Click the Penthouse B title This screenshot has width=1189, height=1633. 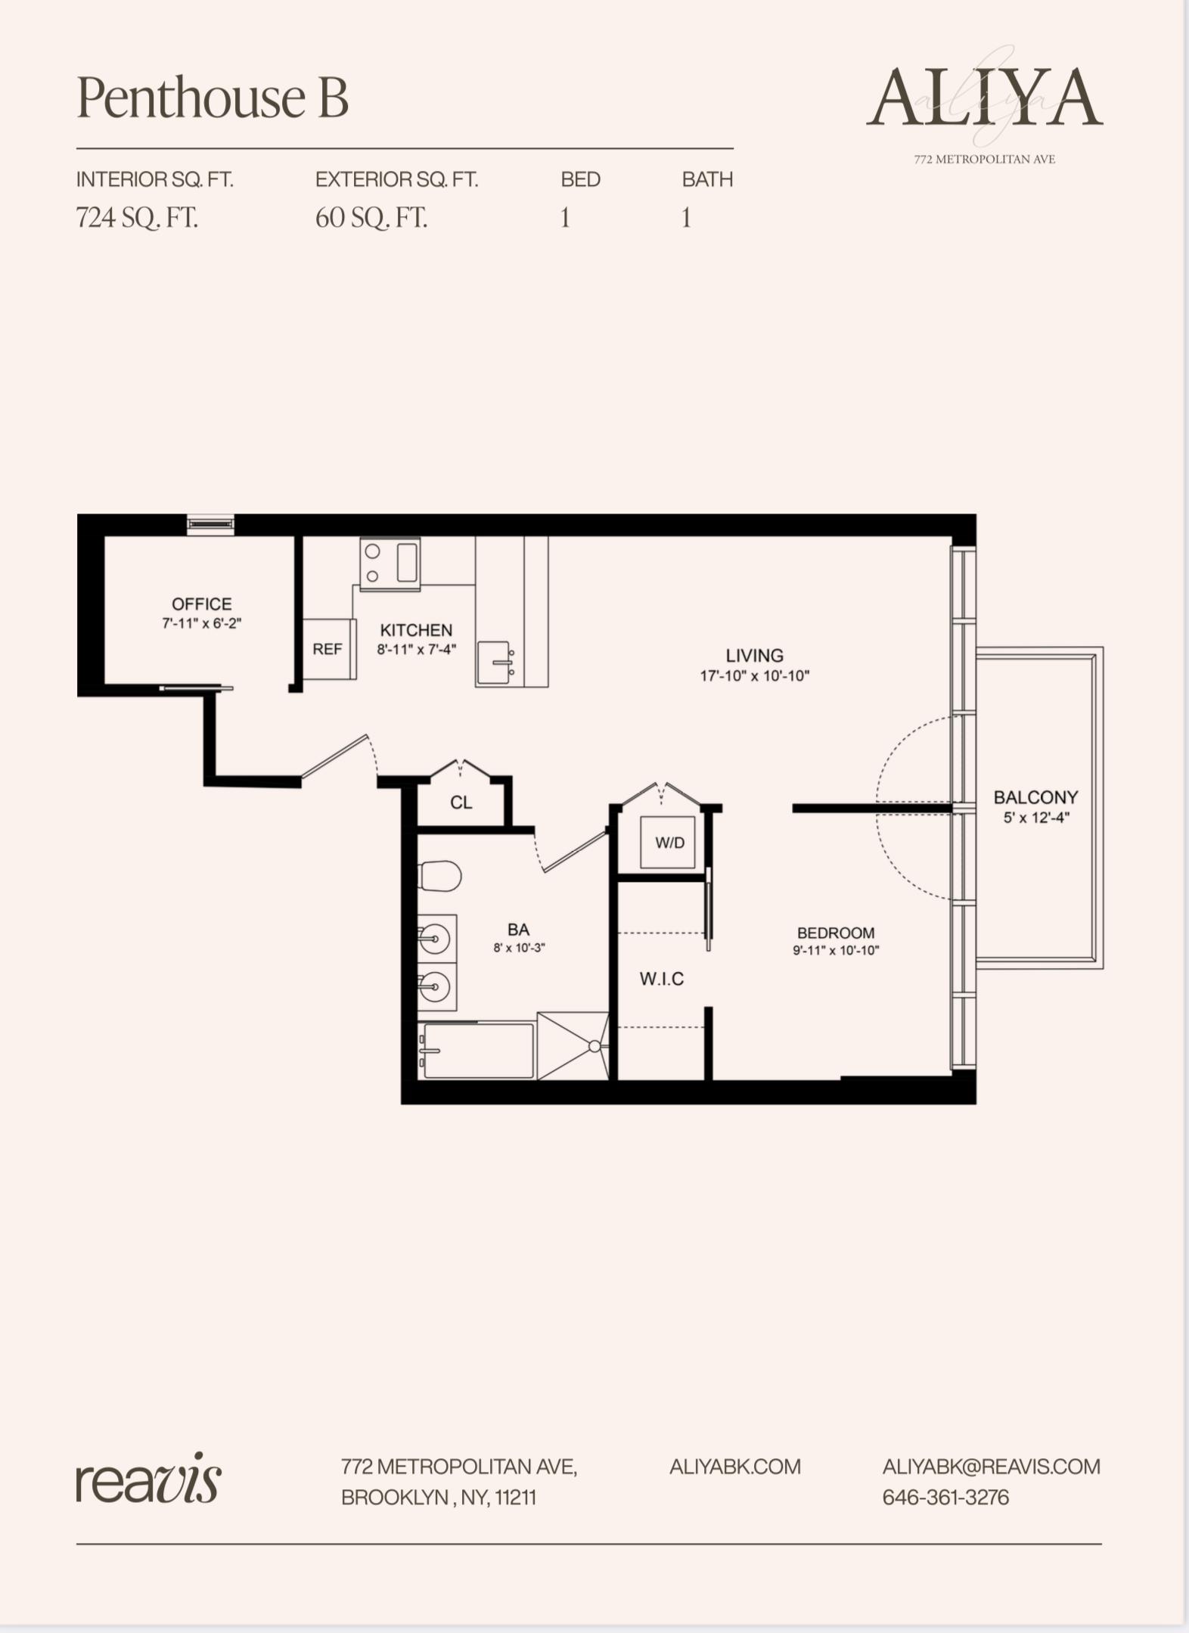213,98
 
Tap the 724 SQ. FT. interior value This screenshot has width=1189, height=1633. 137,218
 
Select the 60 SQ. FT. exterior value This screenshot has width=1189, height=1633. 371,218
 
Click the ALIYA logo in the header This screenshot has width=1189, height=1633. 984,98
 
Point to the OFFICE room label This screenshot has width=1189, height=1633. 201,604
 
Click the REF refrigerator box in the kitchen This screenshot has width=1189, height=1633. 328,649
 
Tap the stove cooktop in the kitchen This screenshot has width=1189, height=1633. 390,563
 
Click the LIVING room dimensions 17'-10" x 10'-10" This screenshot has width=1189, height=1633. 754,676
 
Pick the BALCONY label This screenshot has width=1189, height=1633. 1035,797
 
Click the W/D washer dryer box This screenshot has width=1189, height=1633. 669,843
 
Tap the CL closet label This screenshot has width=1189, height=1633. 461,803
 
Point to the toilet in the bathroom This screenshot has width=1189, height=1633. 439,876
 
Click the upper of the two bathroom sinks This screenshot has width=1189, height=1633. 436,939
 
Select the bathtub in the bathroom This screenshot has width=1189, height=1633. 477,1050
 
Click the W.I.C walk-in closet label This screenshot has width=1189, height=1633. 661,979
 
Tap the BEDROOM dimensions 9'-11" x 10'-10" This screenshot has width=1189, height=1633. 836,951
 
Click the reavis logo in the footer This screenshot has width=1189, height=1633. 148,1478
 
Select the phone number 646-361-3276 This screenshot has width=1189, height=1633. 945,1498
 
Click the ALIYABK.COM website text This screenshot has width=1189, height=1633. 734,1467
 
